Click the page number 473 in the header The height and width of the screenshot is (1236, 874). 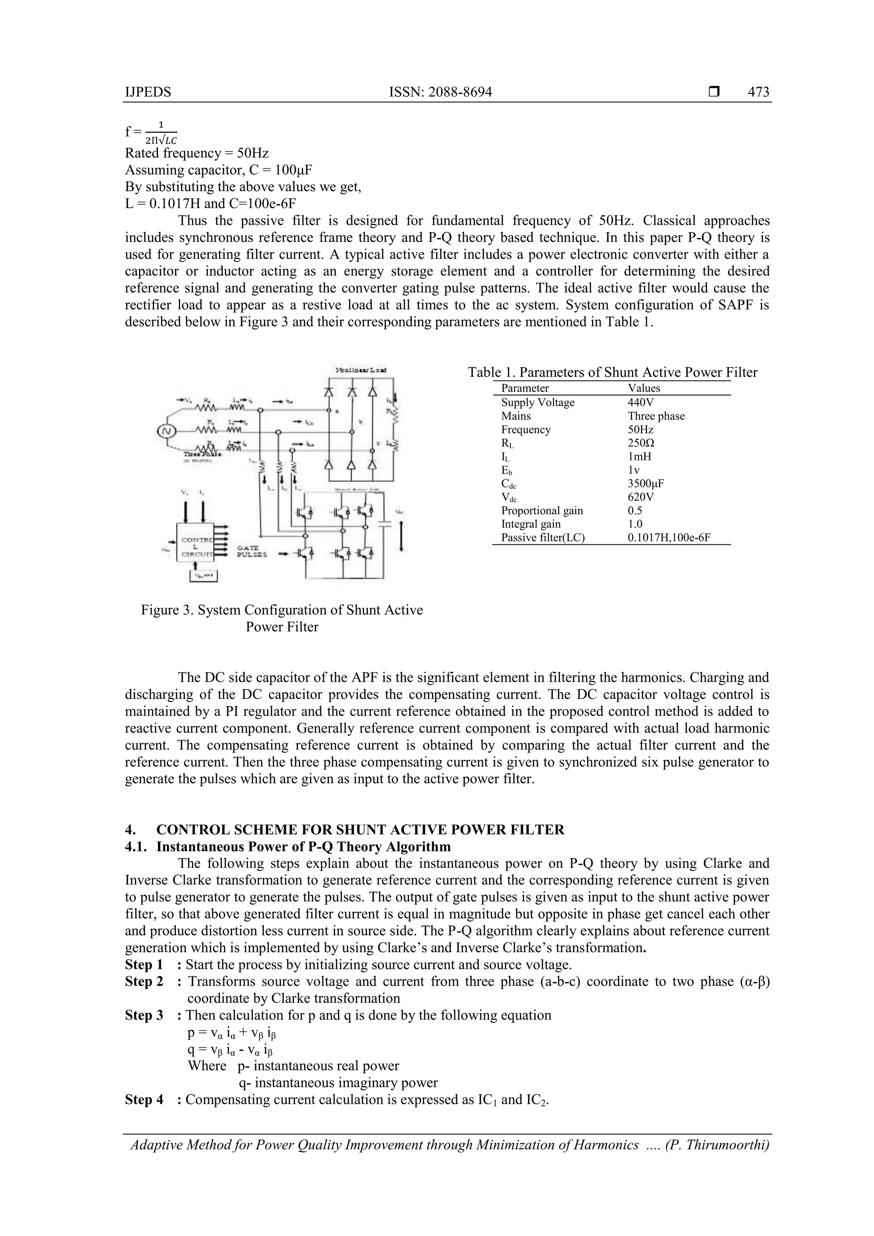point(758,92)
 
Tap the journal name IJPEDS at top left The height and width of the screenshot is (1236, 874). point(148,92)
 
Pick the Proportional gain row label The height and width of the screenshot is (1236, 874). point(542,510)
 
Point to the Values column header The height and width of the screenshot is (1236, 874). point(644,388)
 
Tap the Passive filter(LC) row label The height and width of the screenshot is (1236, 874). point(542,537)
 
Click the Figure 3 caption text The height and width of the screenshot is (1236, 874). point(282,618)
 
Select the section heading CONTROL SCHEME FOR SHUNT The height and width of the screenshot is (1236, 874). point(360,829)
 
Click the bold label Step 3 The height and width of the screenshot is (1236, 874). point(144,1015)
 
